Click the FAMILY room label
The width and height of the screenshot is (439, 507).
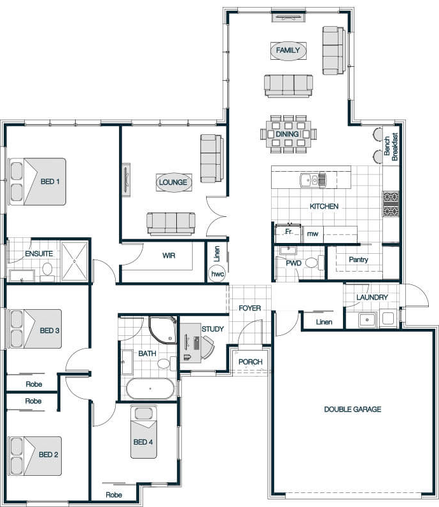[288, 50]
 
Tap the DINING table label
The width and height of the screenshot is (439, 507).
[287, 134]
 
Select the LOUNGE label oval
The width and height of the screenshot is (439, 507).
[173, 183]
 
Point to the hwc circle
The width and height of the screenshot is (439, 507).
[218, 274]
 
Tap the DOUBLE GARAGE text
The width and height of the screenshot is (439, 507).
[352, 409]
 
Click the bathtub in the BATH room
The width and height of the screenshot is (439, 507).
[150, 388]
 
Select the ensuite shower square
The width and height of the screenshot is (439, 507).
[74, 261]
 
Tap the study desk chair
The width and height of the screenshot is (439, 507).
[207, 347]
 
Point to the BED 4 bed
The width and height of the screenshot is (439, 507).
[144, 432]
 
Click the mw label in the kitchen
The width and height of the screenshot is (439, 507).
[312, 233]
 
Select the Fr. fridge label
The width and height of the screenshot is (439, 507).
[289, 232]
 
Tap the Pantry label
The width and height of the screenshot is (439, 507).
[358, 260]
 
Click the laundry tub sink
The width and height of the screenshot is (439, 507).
[367, 320]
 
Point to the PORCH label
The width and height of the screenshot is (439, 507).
[251, 362]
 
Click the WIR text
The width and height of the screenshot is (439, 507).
[169, 256]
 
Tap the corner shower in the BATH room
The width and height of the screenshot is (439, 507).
[163, 330]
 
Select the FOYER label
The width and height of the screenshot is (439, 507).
[250, 308]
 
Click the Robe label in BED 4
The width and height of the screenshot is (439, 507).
[114, 495]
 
